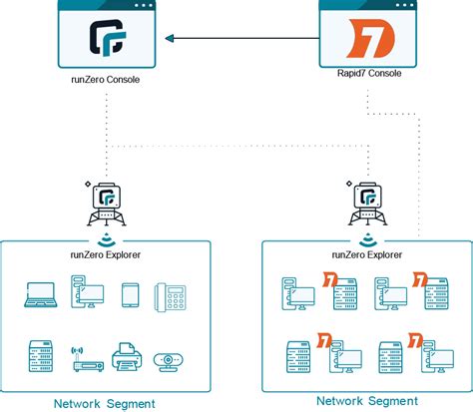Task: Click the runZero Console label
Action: (x=106, y=97)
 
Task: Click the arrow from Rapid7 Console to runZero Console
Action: (x=239, y=40)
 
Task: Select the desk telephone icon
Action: (x=171, y=295)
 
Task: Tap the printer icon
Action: (x=126, y=357)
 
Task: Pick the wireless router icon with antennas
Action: (x=84, y=361)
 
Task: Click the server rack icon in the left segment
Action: (x=38, y=356)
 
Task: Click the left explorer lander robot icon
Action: (x=106, y=203)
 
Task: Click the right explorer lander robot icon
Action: (x=368, y=203)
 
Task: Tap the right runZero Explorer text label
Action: (x=368, y=255)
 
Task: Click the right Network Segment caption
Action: (x=366, y=400)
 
